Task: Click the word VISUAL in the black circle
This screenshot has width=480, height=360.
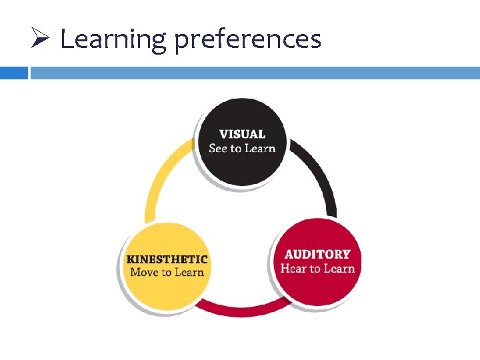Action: click(x=242, y=134)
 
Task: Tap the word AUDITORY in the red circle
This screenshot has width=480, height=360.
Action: click(x=317, y=254)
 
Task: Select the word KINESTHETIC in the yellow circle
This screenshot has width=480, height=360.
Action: click(x=167, y=259)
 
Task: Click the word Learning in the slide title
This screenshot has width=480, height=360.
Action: click(x=112, y=39)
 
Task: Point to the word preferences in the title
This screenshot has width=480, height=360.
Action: click(x=248, y=41)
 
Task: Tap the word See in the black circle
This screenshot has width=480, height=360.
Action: click(x=218, y=148)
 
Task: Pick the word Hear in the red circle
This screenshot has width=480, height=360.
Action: click(x=293, y=269)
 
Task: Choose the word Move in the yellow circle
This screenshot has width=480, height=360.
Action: click(x=144, y=272)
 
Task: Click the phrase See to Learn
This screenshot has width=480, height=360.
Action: click(x=242, y=148)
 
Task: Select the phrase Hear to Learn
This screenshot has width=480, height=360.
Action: click(x=317, y=269)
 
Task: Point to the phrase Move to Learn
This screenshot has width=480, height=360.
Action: click(x=167, y=272)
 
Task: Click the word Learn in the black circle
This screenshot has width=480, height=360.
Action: click(x=260, y=148)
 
